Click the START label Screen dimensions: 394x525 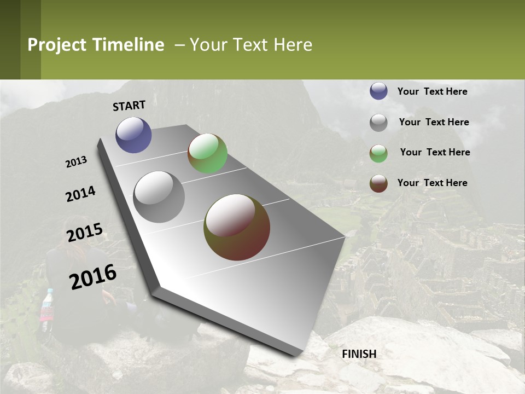[x=129, y=106]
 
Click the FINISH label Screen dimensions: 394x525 [x=359, y=354]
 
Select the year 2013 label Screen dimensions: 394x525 [x=76, y=162]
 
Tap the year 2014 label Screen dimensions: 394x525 [x=80, y=194]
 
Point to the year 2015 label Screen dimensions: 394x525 [x=84, y=233]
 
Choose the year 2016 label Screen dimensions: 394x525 [x=93, y=277]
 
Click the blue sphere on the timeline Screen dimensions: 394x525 [x=133, y=135]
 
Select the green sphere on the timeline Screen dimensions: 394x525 [x=207, y=153]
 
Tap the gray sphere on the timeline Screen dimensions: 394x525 [x=159, y=197]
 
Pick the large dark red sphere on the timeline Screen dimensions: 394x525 [x=237, y=227]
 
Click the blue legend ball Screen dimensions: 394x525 [x=378, y=91]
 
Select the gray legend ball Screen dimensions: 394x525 [x=378, y=123]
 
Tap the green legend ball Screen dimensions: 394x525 [x=378, y=153]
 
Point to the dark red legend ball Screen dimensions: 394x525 [x=378, y=183]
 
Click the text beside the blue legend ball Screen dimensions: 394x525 [x=432, y=91]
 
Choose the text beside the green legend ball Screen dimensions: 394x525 [x=435, y=152]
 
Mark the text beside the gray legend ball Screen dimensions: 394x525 [x=434, y=122]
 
